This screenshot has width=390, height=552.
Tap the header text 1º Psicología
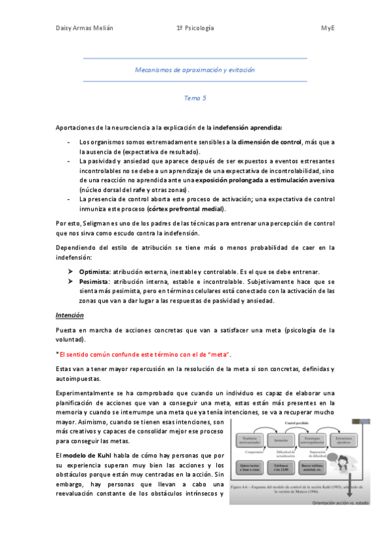pyautogui.click(x=195, y=29)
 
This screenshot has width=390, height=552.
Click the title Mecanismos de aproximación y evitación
pyautogui.click(x=195, y=69)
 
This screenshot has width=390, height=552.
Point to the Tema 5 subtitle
pyautogui.click(x=195, y=98)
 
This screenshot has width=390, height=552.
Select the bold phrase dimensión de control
pyautogui.click(x=268, y=142)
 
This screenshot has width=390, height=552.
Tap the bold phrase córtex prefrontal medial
pyautogui.click(x=186, y=209)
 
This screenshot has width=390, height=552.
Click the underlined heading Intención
pyautogui.click(x=70, y=316)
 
